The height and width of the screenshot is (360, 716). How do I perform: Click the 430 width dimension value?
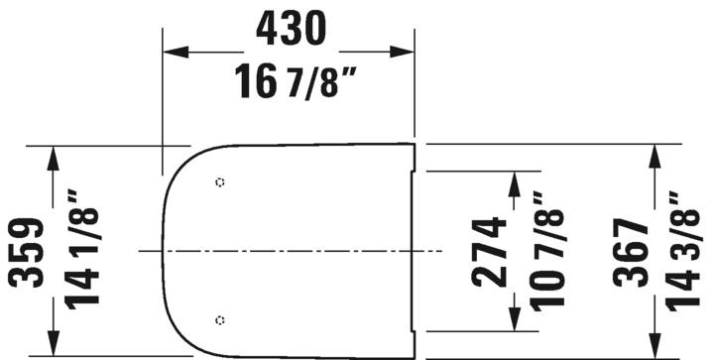(x=290, y=30)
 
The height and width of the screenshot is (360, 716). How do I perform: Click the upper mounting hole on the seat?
(x=219, y=182)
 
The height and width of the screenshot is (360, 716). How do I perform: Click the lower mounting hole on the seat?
(x=219, y=318)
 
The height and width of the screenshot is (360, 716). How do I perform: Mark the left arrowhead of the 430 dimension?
(x=172, y=53)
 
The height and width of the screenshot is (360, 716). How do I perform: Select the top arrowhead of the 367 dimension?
(x=655, y=153)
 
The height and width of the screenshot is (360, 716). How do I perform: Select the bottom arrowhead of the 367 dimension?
(x=655, y=346)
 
